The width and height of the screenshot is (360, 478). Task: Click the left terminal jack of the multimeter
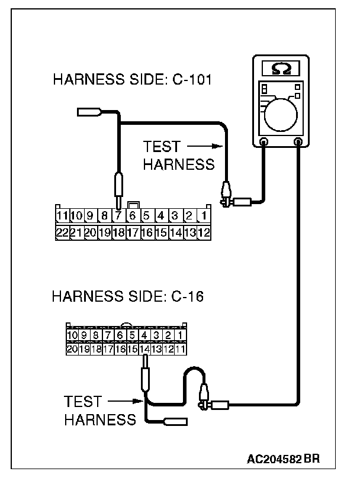click(264, 142)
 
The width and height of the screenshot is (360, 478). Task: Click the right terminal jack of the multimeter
click(298, 142)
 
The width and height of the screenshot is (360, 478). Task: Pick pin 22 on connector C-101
click(62, 232)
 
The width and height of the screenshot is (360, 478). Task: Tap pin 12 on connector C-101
click(204, 232)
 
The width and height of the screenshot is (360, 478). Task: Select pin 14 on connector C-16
click(144, 349)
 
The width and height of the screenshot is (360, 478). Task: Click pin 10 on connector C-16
click(72, 337)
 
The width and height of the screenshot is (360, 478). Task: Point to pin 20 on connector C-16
click(72, 349)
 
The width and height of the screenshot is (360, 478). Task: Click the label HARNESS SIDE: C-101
click(131, 80)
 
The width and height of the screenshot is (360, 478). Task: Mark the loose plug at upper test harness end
click(89, 111)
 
